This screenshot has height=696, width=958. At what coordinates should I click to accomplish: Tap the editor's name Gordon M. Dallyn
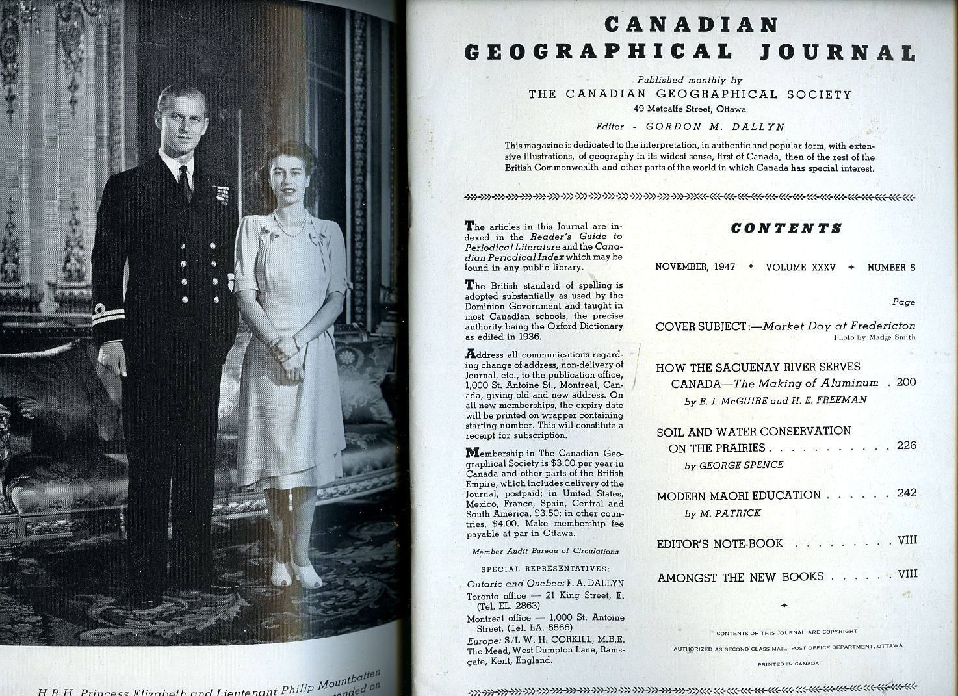[x=715, y=127]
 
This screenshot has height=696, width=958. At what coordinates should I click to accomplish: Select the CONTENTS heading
[x=786, y=228]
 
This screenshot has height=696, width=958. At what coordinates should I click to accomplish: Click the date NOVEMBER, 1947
[x=695, y=267]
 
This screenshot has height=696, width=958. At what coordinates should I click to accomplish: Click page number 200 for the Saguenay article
[x=906, y=382]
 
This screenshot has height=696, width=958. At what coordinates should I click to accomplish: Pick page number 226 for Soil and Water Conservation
[x=906, y=446]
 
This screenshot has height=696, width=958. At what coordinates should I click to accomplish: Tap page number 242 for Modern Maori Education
[x=906, y=493]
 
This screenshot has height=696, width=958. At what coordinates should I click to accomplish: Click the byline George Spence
[x=734, y=465]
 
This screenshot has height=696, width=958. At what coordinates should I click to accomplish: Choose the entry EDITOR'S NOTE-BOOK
[x=719, y=544]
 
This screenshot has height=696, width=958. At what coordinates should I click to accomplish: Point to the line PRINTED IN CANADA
[x=788, y=664]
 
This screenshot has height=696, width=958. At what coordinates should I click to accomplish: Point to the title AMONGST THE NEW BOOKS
[x=740, y=577]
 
